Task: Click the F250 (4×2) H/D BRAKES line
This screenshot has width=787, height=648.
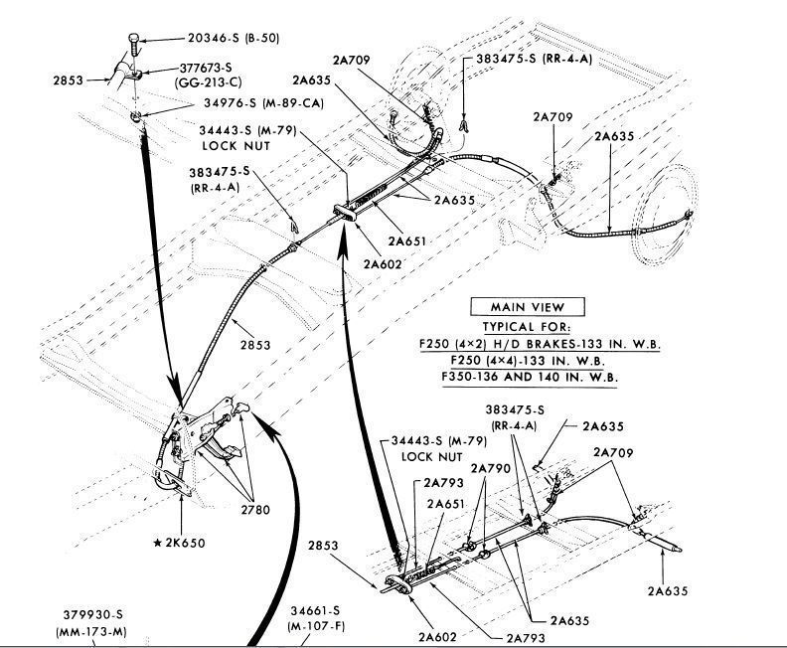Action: tap(540, 344)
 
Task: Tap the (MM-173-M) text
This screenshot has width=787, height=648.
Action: tap(83, 631)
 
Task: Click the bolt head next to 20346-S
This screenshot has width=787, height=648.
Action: tap(134, 41)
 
